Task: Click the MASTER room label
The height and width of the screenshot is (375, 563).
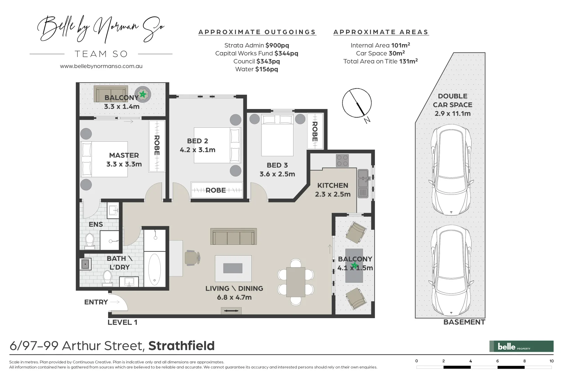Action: pyautogui.click(x=124, y=155)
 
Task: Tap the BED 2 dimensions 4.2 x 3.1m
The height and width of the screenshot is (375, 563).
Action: pyautogui.click(x=198, y=150)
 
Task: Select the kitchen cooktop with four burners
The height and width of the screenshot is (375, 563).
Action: pyautogui.click(x=342, y=160)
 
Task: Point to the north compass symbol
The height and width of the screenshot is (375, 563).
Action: pyautogui.click(x=357, y=103)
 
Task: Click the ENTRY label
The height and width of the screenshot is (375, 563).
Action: pyautogui.click(x=96, y=302)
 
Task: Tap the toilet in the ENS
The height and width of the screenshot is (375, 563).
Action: pyautogui.click(x=90, y=241)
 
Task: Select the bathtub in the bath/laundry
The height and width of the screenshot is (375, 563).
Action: pyautogui.click(x=155, y=269)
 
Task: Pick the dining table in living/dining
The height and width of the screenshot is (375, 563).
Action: pyautogui.click(x=296, y=282)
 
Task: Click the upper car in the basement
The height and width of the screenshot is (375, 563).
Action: pyautogui.click(x=451, y=171)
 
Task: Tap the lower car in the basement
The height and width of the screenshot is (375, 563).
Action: pyautogui.click(x=451, y=271)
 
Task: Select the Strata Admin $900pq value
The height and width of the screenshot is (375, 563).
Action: pyautogui.click(x=277, y=45)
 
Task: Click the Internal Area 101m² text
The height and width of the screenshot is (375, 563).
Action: pyautogui.click(x=380, y=45)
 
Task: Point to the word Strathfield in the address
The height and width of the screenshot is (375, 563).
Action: pyautogui.click(x=182, y=346)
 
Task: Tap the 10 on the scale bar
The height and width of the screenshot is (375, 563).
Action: pyautogui.click(x=551, y=361)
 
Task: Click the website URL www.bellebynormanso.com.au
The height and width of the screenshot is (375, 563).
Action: pyautogui.click(x=101, y=66)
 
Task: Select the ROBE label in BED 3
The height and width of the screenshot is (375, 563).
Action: pyautogui.click(x=315, y=131)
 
